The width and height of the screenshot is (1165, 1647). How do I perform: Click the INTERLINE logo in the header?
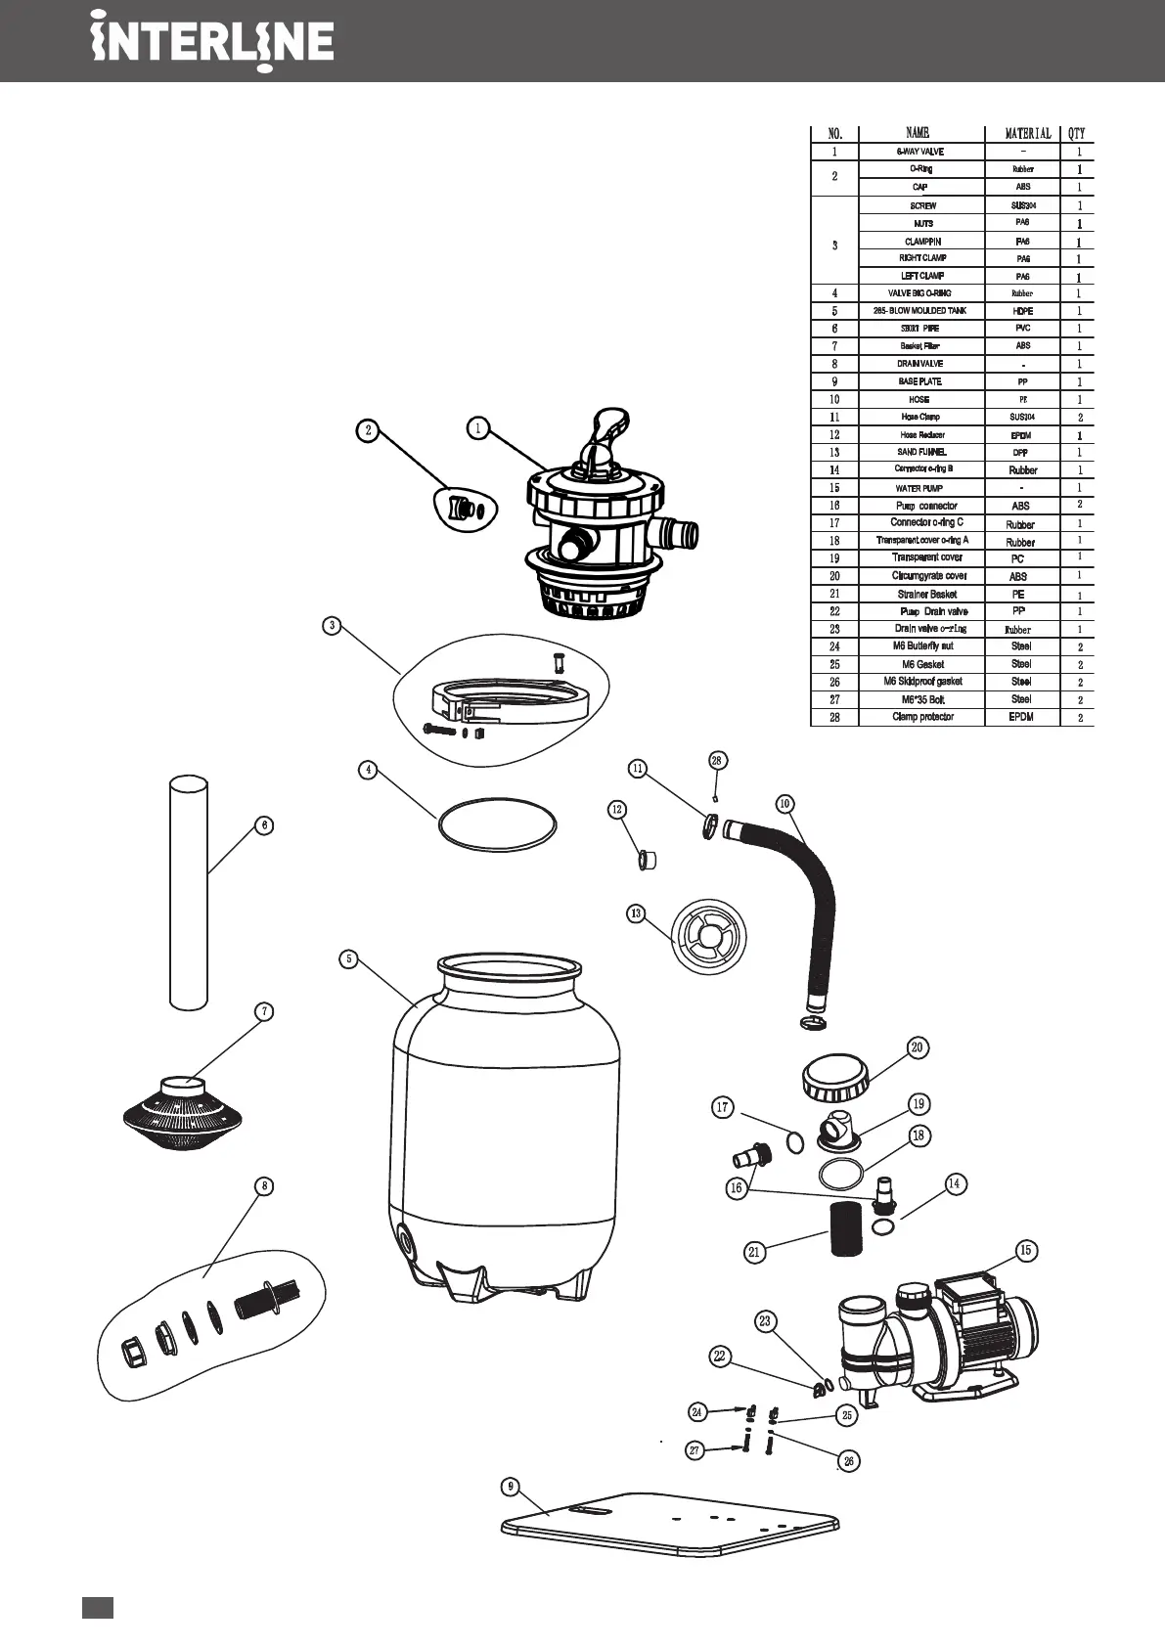click(x=212, y=42)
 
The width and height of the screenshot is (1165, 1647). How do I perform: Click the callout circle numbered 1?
click(x=477, y=427)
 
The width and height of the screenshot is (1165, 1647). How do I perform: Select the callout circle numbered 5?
click(x=348, y=958)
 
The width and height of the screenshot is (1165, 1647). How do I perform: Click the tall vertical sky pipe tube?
click(x=189, y=891)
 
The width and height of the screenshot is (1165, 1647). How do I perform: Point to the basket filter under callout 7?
click(x=183, y=1116)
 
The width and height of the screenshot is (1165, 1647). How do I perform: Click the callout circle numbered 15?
click(x=1025, y=1250)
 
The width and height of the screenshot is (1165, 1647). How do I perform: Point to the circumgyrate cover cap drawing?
click(x=834, y=1078)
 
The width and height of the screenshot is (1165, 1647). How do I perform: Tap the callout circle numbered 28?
click(x=717, y=760)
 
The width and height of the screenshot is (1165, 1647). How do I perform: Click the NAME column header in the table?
click(x=918, y=133)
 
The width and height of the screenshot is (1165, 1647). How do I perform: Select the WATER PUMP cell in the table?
click(x=919, y=488)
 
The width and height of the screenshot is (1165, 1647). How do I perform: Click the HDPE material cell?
click(x=1022, y=311)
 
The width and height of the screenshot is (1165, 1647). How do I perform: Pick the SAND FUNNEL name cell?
click(x=920, y=453)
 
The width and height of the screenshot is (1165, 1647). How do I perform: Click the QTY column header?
click(x=1077, y=133)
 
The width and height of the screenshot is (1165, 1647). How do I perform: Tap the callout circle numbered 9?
click(x=510, y=1487)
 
